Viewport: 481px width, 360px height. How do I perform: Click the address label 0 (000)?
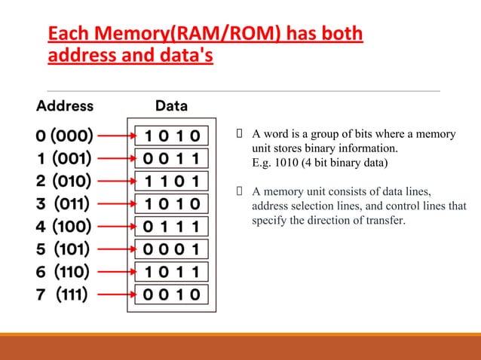(65, 136)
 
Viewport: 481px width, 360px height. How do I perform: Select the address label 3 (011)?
(65, 203)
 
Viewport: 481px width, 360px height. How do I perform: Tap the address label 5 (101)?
(65, 249)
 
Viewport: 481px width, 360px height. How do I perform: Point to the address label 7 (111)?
(65, 294)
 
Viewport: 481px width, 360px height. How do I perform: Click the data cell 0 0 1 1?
(173, 159)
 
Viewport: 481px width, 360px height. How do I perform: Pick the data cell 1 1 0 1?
(173, 182)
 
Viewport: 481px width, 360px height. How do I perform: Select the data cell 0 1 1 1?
(173, 226)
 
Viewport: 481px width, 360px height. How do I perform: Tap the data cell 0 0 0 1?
(173, 249)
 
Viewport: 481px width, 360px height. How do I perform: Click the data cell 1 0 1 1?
(173, 271)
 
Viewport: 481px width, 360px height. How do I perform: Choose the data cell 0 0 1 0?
(173, 294)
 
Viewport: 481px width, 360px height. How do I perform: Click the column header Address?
(65, 105)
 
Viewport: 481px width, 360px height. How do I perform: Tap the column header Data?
(171, 105)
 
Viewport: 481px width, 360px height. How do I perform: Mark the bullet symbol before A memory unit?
(240, 191)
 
